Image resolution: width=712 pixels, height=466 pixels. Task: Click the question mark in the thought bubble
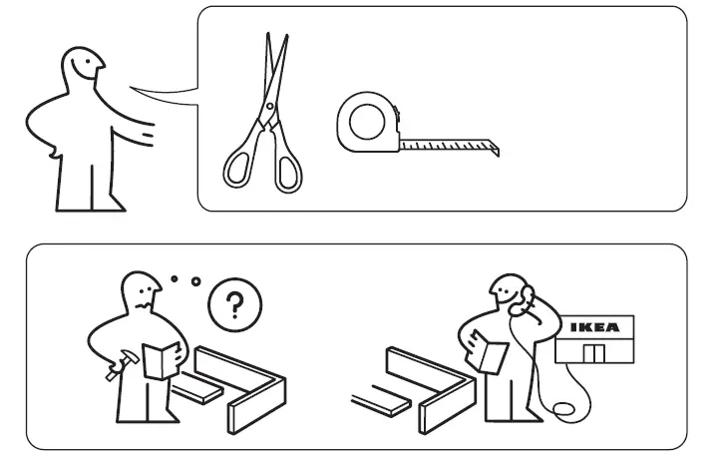pos(233,304)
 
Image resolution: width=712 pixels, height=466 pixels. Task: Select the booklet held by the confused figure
pos(159,359)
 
